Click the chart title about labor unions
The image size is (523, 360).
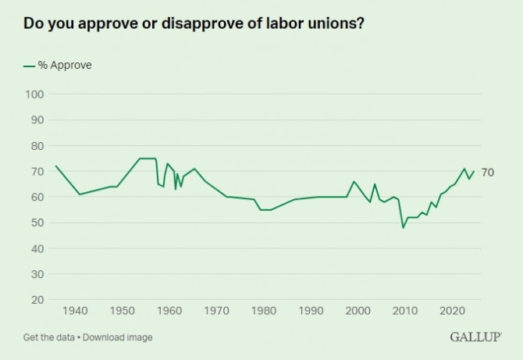(x=194, y=23)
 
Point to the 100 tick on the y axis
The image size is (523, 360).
(x=35, y=94)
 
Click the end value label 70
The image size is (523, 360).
(x=487, y=172)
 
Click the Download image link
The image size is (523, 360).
(x=118, y=337)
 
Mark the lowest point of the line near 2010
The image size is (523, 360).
(x=404, y=227)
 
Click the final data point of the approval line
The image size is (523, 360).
(x=474, y=171)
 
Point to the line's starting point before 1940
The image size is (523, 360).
(x=55, y=166)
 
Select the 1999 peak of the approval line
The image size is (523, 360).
(x=354, y=181)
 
